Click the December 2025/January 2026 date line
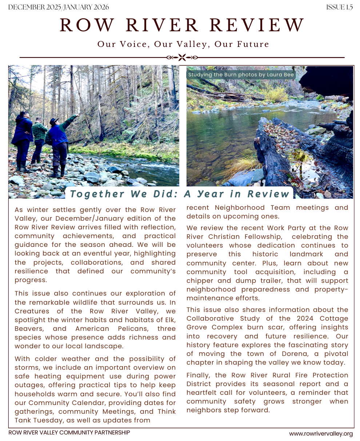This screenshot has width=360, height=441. (58, 7)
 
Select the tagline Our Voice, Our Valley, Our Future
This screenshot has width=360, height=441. (183, 44)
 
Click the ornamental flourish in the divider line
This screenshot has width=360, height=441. (182, 57)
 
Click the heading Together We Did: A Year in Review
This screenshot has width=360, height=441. (180, 193)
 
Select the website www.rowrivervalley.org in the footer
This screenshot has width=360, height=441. (321, 433)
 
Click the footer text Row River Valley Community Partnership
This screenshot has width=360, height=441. (69, 433)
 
